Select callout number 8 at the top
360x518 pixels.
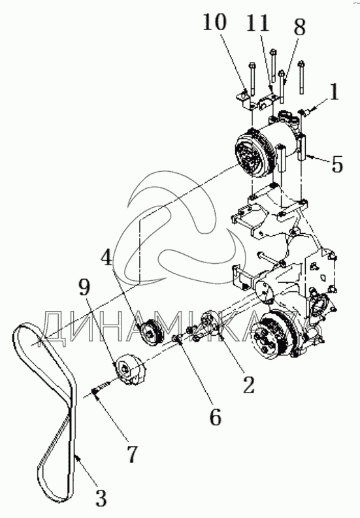point(299,26)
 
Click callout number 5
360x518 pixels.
point(336,163)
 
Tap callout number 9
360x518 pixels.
point(84,286)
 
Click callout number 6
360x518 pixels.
point(215,417)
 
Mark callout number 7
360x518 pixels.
point(131,454)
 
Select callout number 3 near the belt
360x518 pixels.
point(101,498)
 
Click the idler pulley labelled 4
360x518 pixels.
point(151,332)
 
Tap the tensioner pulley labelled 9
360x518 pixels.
point(129,369)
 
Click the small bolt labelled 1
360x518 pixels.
point(303,113)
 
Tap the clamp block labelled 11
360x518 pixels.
point(266,102)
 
